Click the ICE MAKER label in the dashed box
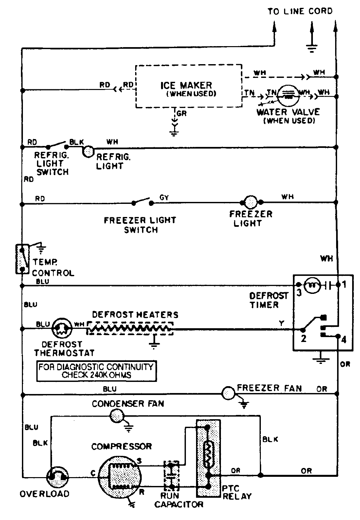coord(186,85)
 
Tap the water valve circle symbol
coord(288,95)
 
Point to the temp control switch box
coord(22,259)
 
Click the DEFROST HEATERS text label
coord(135,315)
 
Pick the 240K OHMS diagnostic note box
coord(96,371)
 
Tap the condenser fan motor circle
coord(117,416)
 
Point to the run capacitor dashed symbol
coord(171,477)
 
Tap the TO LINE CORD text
coord(300,11)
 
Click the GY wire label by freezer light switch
coord(164,198)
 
